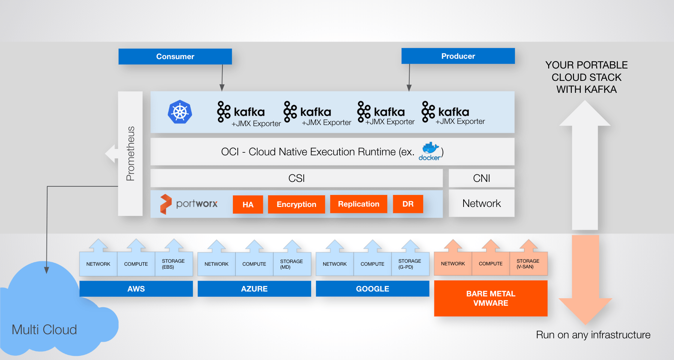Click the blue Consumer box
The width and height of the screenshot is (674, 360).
[175, 57]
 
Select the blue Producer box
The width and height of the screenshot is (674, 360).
[458, 56]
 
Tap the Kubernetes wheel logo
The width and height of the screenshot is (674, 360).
[180, 112]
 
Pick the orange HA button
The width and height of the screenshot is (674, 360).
[248, 204]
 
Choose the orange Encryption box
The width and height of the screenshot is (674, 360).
[296, 204]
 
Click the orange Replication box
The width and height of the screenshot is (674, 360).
[358, 204]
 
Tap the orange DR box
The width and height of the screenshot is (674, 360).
[408, 204]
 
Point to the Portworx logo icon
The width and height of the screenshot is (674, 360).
[166, 204]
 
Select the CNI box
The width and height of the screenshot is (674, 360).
[481, 178]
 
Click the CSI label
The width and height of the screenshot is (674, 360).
[296, 178]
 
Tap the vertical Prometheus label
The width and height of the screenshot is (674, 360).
[130, 153]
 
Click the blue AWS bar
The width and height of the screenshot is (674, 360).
[136, 289]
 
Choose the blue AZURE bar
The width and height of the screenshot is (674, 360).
[254, 289]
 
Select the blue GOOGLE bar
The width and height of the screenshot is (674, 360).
[372, 289]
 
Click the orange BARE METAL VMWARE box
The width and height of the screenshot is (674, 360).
[491, 298]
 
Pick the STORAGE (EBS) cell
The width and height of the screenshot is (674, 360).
[173, 264]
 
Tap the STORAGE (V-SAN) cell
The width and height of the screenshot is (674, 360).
[528, 264]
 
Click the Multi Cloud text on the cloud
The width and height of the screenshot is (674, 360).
[44, 330]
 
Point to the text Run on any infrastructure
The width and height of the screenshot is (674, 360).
[593, 335]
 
